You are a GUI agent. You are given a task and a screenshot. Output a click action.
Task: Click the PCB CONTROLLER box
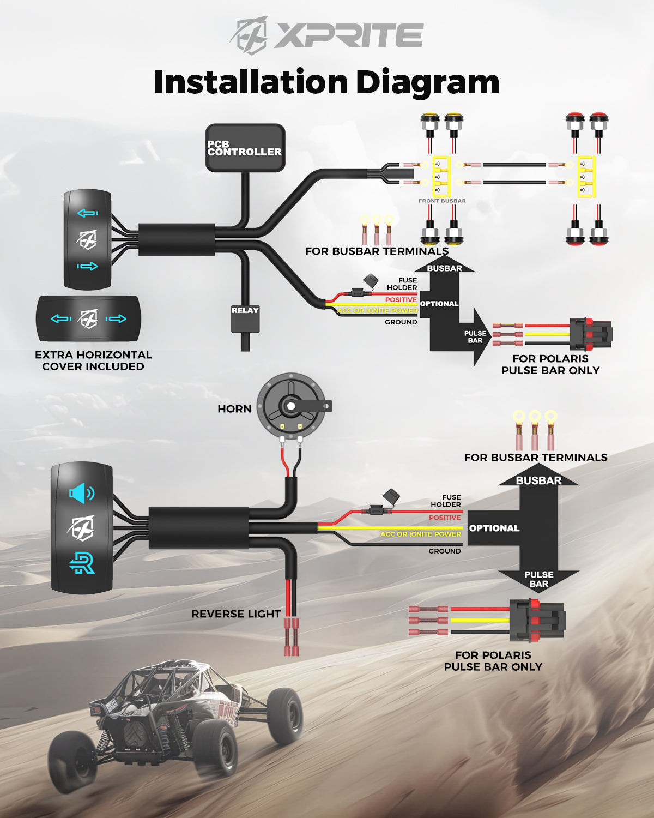point(245,148)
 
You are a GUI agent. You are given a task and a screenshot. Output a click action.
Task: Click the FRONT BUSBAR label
point(442,201)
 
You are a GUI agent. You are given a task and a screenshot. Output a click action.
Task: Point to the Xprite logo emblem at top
point(250,35)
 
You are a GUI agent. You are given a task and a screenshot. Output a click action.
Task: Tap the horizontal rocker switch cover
point(88,319)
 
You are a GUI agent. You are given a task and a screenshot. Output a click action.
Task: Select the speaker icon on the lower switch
point(81,493)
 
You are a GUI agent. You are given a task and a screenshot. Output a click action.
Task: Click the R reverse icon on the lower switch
point(82,563)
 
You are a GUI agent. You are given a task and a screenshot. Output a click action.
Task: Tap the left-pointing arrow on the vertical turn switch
point(87,213)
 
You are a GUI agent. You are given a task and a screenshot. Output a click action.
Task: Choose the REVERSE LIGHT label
point(235,613)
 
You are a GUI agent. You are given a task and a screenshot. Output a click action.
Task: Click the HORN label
point(234,409)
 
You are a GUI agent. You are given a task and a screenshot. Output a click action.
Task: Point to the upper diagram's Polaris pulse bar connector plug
point(591,333)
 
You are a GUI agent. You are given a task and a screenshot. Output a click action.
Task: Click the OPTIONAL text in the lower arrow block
point(494,528)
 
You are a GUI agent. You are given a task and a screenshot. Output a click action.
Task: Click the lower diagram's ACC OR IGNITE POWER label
point(421,534)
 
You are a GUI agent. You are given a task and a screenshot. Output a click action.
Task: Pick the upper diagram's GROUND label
point(401,322)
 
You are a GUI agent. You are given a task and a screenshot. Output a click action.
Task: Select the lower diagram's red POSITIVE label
point(445,518)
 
